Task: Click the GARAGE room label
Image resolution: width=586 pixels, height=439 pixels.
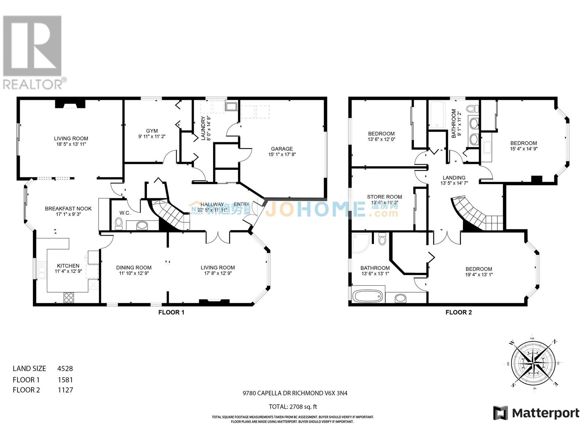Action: tap(282, 149)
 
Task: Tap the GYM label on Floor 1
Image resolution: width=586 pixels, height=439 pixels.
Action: tap(152, 131)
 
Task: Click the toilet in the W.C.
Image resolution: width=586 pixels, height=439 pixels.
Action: tap(119, 224)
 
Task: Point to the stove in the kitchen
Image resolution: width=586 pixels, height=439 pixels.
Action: tap(68, 298)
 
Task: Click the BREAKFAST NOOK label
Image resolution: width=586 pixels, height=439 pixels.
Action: tap(68, 209)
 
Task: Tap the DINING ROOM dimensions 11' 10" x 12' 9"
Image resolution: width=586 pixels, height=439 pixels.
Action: tap(134, 273)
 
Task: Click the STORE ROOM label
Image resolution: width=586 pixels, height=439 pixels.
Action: tap(384, 197)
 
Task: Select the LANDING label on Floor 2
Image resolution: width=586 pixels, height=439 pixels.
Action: tap(454, 177)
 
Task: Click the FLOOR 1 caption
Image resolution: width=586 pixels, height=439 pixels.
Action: tap(171, 312)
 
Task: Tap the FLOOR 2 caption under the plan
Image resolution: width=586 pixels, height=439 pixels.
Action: tap(459, 312)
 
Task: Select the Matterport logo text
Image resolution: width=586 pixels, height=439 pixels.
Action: tap(545, 413)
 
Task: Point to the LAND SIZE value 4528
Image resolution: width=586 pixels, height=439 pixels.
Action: tap(65, 368)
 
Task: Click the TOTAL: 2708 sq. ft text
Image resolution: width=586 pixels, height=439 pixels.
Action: tap(293, 406)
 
